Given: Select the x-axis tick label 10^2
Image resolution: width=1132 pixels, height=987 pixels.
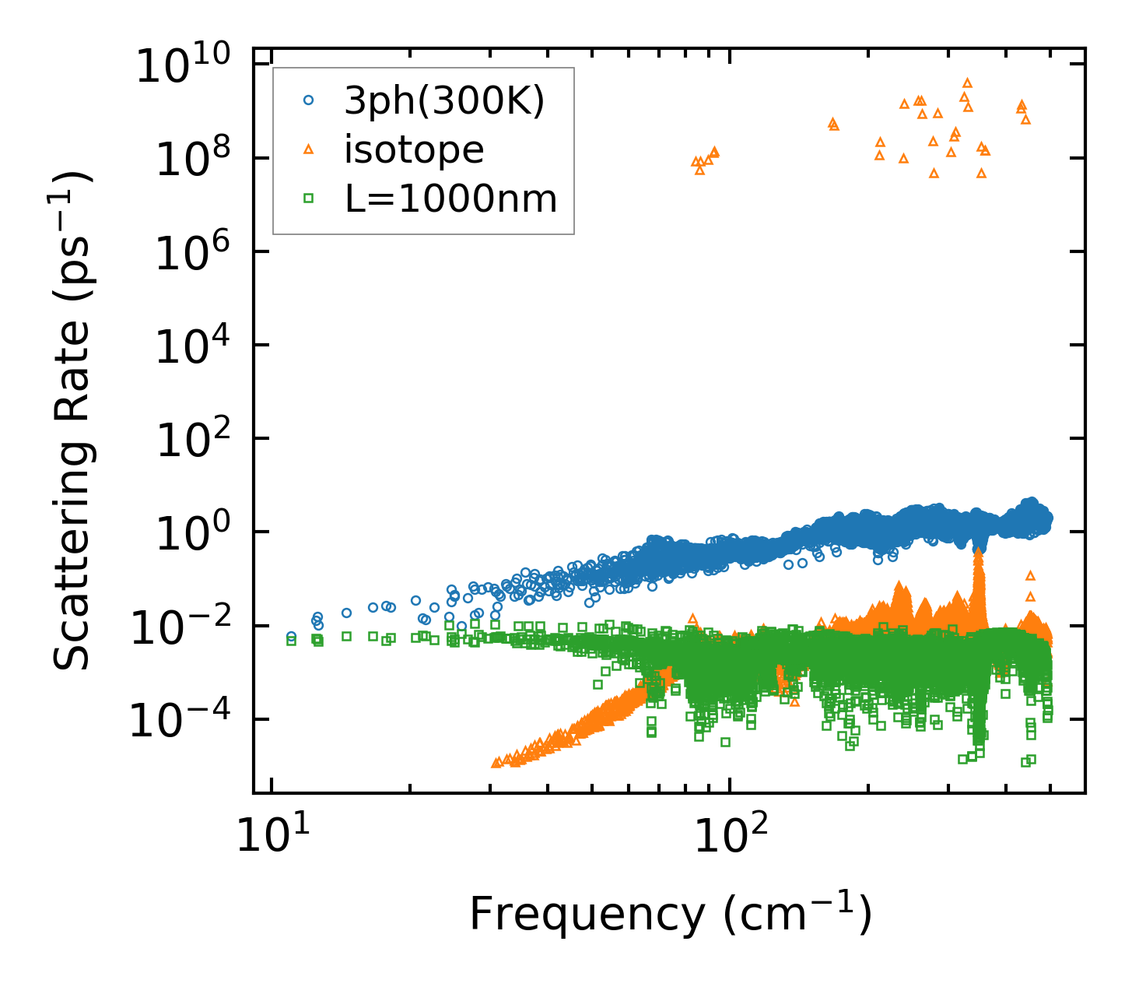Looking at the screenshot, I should pos(730,836).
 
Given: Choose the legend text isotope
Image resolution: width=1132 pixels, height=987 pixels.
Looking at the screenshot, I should pos(414,149).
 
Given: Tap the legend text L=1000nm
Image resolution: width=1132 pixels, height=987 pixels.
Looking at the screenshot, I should pos(451,199).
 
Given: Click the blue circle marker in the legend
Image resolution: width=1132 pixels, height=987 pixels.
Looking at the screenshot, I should pos(309,100).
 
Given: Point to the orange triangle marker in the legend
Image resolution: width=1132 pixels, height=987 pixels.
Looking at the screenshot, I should pos(309,149).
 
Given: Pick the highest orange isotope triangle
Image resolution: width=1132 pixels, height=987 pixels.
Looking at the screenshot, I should pos(967,83).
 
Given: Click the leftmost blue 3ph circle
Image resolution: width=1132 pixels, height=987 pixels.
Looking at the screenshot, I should pos(292,636).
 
